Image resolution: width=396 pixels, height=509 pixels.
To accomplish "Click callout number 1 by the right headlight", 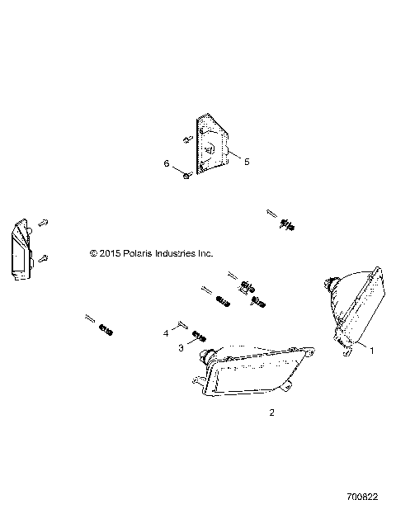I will (x=370, y=351).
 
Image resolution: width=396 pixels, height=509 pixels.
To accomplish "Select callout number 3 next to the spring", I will (x=181, y=349).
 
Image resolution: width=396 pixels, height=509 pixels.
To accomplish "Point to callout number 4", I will (x=165, y=333).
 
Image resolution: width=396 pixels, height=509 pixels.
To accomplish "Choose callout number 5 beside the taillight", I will (x=246, y=162).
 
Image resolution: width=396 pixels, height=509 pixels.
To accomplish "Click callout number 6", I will (x=166, y=164).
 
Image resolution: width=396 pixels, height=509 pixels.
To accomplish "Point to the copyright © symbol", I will (x=93, y=253).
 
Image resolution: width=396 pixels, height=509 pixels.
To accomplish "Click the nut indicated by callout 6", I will (x=188, y=174).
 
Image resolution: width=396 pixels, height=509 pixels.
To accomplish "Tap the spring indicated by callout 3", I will (x=198, y=337).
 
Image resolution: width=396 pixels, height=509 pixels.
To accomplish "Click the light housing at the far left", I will (x=21, y=251).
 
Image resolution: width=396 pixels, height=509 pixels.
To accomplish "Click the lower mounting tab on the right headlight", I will (x=346, y=350).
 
